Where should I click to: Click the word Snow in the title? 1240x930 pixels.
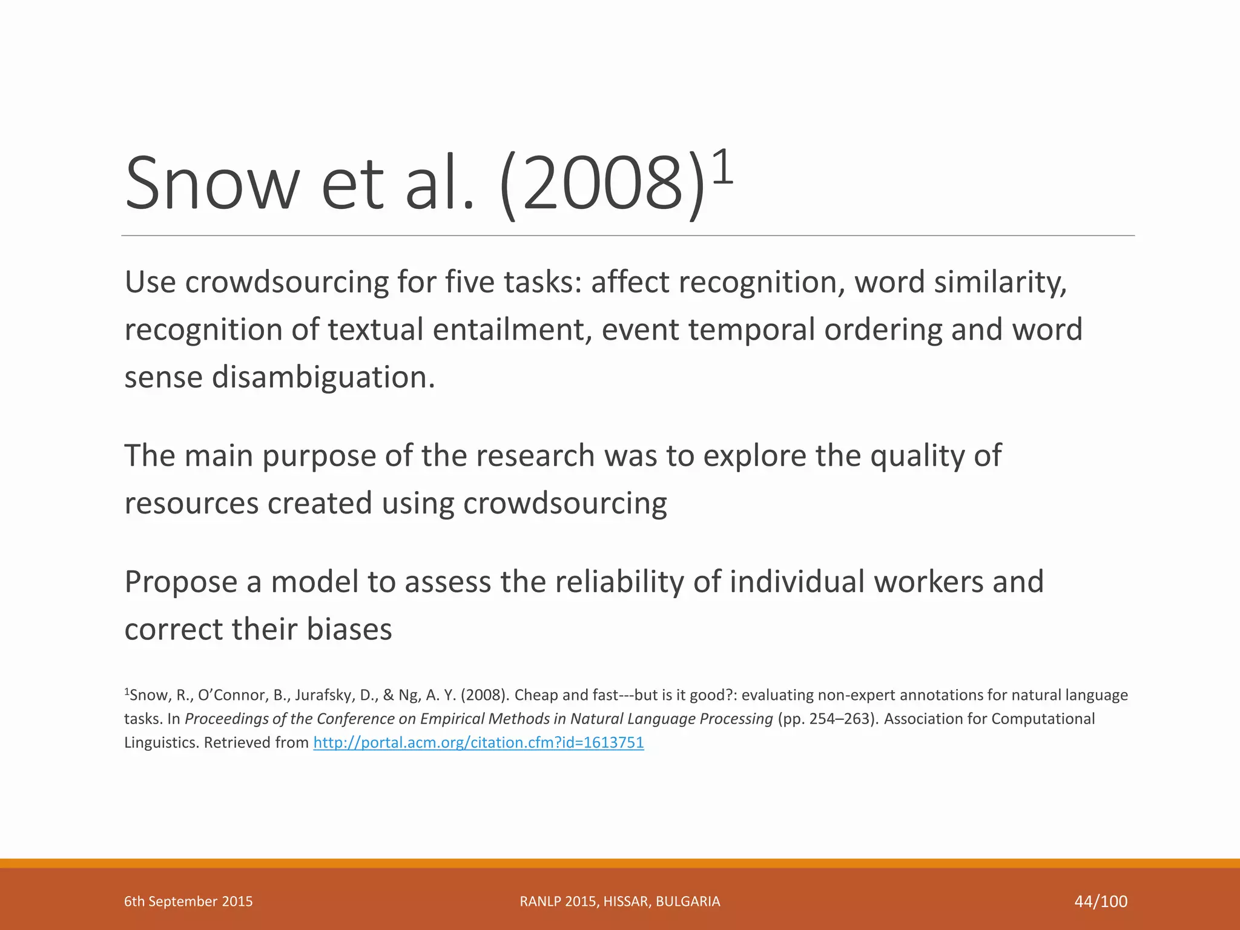(x=211, y=183)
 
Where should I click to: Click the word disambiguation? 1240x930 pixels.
(x=323, y=378)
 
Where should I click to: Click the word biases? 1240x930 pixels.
(x=349, y=630)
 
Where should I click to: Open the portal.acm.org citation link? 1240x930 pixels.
(x=478, y=742)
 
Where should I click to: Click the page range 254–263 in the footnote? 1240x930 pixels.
(x=843, y=719)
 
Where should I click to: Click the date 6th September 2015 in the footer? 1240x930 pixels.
(x=188, y=902)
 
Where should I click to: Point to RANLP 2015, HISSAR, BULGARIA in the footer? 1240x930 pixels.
(x=620, y=902)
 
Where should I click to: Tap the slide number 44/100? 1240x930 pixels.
(x=1101, y=902)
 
